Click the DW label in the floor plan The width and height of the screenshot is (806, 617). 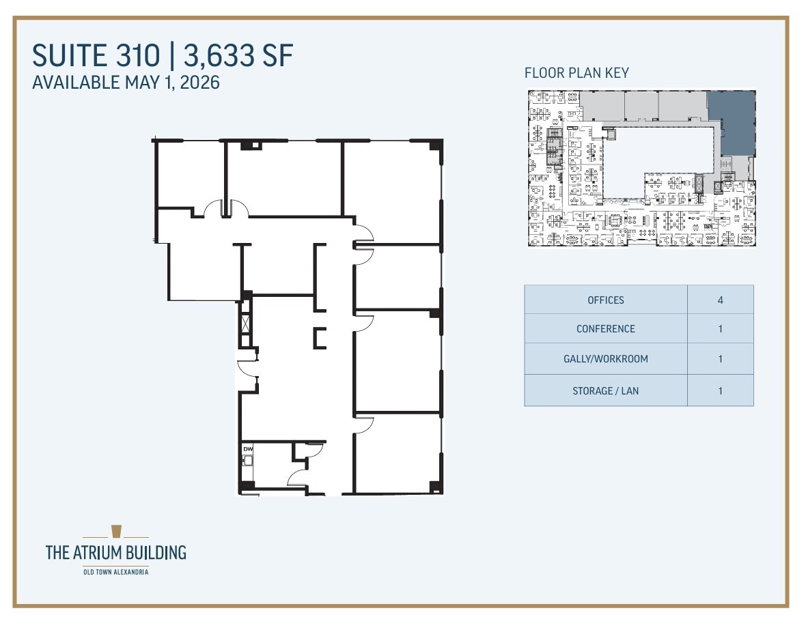coord(247,448)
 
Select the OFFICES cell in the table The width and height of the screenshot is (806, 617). coord(605,300)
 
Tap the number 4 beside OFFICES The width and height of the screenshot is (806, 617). coord(720,300)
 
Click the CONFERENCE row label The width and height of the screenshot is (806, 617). coord(605,328)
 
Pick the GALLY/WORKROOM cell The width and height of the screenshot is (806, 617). coord(605,358)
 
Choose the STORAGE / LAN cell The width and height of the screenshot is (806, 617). coord(605,391)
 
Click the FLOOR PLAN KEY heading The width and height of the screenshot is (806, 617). coord(576,73)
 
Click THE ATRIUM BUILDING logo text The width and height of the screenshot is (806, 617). coord(115,552)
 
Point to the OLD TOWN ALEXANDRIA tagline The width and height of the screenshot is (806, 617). coord(115,571)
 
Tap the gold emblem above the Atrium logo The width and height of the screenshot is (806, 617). coord(115,532)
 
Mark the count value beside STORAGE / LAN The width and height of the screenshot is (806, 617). coord(720,391)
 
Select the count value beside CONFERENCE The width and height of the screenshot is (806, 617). coord(720,328)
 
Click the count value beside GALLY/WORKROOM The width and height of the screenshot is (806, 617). coord(720,358)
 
